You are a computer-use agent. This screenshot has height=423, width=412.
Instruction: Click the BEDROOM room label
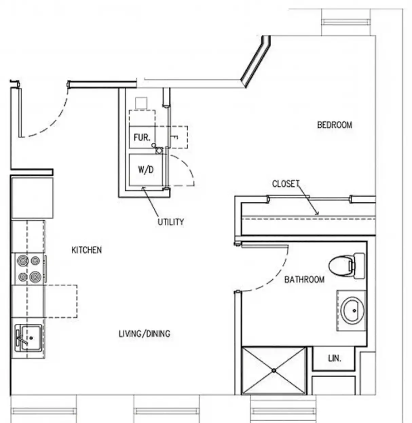(334, 125)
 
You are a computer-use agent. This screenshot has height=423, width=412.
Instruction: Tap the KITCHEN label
(87, 250)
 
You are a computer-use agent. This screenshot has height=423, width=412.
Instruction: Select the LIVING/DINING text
(145, 334)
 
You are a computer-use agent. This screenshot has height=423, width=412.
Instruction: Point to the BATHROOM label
(304, 280)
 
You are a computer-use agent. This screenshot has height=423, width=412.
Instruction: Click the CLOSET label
(286, 184)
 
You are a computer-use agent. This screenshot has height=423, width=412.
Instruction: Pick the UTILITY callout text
(171, 222)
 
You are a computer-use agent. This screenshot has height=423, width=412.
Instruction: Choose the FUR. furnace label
(142, 138)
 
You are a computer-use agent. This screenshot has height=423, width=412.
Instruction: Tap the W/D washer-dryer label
(146, 169)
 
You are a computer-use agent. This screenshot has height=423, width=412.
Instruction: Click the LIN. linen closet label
(334, 358)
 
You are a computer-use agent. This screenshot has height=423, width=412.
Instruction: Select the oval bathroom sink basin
(353, 310)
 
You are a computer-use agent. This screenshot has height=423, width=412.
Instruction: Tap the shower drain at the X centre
(274, 370)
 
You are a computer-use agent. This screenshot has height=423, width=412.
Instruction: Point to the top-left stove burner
(23, 261)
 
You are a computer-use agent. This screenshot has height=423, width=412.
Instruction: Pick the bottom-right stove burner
(35, 277)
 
